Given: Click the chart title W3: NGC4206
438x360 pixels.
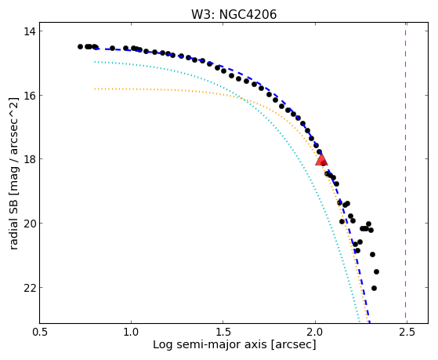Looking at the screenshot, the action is tap(233, 14).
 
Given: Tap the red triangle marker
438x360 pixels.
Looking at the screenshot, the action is tap(321, 160).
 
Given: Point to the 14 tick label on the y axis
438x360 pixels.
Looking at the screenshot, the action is tap(30, 31).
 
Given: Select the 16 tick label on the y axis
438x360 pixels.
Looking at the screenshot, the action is tap(30, 96).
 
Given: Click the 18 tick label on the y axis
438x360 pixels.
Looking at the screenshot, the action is tap(30, 159).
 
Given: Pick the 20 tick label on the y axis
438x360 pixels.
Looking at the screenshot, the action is tap(30, 224).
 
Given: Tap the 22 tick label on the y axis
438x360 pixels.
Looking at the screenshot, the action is tap(30, 287).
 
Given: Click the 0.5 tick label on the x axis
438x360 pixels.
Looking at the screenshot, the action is tap(40, 333).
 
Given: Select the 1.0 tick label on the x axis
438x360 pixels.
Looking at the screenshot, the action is tap(132, 333).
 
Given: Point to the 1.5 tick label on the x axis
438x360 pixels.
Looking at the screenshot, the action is tap(223, 333).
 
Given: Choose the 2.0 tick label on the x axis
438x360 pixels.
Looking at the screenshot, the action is tap(315, 333).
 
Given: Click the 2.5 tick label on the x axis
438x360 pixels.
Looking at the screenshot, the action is tap(407, 333).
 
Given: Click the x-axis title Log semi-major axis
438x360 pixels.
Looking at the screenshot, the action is tap(210, 345).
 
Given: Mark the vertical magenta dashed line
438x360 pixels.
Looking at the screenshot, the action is tap(405, 173).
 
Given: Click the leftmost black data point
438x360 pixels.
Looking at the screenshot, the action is tap(80, 46).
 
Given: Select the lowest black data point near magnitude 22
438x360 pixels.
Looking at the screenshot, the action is tap(374, 288).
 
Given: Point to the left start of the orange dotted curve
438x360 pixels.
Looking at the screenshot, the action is tap(96, 89).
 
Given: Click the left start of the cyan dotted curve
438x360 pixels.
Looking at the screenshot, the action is tap(96, 61).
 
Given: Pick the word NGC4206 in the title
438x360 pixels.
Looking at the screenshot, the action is tap(248, 14).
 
